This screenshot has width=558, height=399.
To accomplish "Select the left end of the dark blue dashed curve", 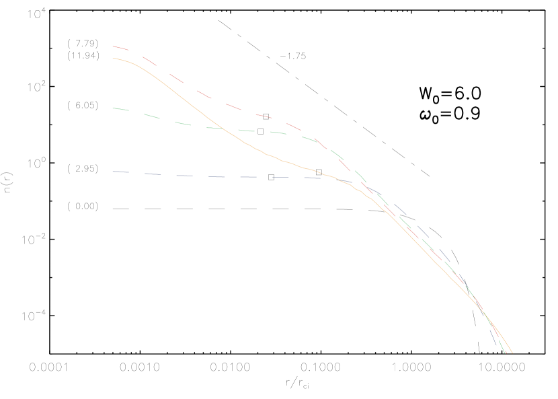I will [x=113, y=172].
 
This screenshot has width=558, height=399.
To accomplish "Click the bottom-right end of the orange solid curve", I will [x=512, y=353].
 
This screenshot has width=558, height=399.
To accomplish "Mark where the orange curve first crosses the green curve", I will [x=222, y=128].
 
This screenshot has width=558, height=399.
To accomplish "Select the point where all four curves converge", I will [x=483, y=312].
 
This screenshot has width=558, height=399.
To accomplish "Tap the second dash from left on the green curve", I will [x=152, y=116].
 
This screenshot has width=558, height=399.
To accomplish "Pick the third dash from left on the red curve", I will [x=175, y=78].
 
